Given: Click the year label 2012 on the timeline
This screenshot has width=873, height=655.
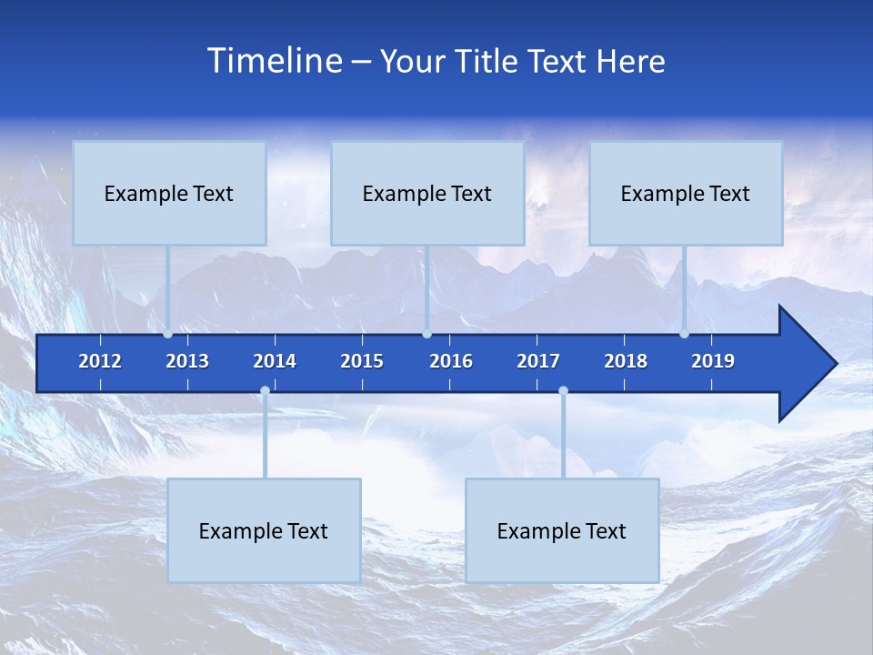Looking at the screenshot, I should point(100,361).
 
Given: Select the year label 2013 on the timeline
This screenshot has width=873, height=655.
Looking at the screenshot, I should point(187,361).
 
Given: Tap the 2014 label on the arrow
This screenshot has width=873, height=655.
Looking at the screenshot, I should point(275,361).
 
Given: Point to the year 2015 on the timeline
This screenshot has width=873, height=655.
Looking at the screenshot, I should point(362,361).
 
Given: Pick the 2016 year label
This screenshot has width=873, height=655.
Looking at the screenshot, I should point(451,361).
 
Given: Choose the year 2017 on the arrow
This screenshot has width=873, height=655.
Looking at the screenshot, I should point(538,361).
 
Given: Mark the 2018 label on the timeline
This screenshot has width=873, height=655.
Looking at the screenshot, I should point(626,361).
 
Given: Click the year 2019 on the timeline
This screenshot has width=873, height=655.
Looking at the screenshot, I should point(713,361).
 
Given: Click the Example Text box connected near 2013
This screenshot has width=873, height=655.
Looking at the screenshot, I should point(169,194).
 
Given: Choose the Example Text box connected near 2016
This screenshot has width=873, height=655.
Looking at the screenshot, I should point(427,194).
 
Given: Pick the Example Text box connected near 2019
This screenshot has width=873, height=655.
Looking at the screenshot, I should point(686,194).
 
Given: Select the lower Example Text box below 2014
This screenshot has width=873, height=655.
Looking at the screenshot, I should point(264,530).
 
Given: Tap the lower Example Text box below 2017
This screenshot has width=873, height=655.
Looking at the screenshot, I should point(562,530).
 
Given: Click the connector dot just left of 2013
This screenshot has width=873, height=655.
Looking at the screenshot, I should point(167,334).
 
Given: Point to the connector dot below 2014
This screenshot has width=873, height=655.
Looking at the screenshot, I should point(265,391).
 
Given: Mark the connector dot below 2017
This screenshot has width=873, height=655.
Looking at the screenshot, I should point(563,391).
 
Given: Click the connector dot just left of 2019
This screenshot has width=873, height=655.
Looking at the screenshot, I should point(684,334).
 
